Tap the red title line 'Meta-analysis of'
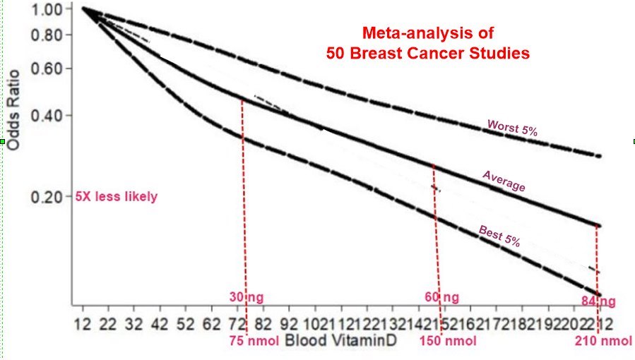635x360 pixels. [427, 33]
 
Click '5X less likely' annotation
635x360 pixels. [117, 197]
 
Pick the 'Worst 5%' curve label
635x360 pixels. [512, 128]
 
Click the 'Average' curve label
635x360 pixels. [504, 181]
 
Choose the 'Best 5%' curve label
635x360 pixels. [499, 235]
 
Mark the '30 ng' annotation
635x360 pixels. [247, 297]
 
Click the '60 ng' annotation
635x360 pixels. [441, 297]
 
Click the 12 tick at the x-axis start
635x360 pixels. [83, 325]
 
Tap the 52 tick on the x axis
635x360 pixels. [186, 325]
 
